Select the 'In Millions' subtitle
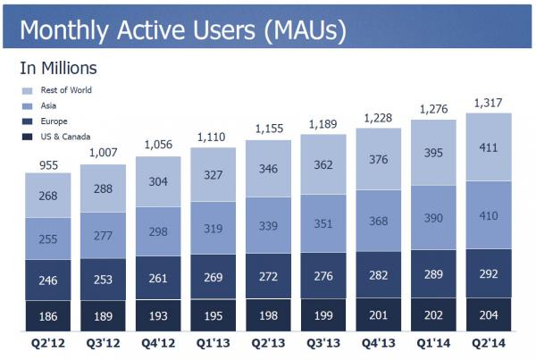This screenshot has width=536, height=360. (x=58, y=68)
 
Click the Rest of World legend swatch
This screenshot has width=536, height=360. (x=28, y=90)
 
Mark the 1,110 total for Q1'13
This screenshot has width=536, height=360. (x=213, y=138)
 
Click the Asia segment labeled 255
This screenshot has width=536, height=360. (x=48, y=239)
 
